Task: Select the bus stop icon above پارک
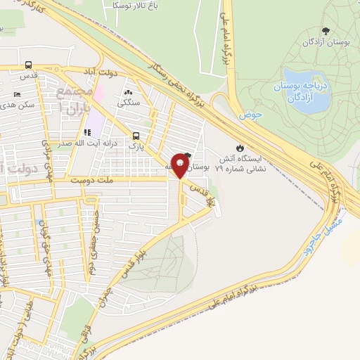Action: point(136,136)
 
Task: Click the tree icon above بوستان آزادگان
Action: point(326,30)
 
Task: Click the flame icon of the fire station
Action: point(240,148)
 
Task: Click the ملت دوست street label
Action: point(91,181)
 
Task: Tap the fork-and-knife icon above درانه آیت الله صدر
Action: point(87,132)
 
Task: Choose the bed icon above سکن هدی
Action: point(18,94)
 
